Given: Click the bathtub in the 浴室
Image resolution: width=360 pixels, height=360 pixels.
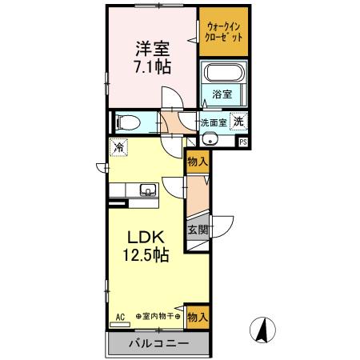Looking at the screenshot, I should tap(224, 74).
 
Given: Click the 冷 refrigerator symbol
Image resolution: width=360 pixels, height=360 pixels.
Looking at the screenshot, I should tap(118, 147).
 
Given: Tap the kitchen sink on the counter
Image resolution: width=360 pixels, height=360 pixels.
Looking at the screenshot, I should tap(148, 190).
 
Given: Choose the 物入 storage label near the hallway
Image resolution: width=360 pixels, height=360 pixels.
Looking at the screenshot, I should tap(197, 161).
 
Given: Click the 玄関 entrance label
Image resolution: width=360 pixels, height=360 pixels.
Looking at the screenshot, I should tap(198, 230).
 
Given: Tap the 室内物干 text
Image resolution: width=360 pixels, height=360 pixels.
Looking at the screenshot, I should tap(158, 317).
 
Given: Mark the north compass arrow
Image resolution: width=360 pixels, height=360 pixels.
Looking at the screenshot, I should tap(260, 329).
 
